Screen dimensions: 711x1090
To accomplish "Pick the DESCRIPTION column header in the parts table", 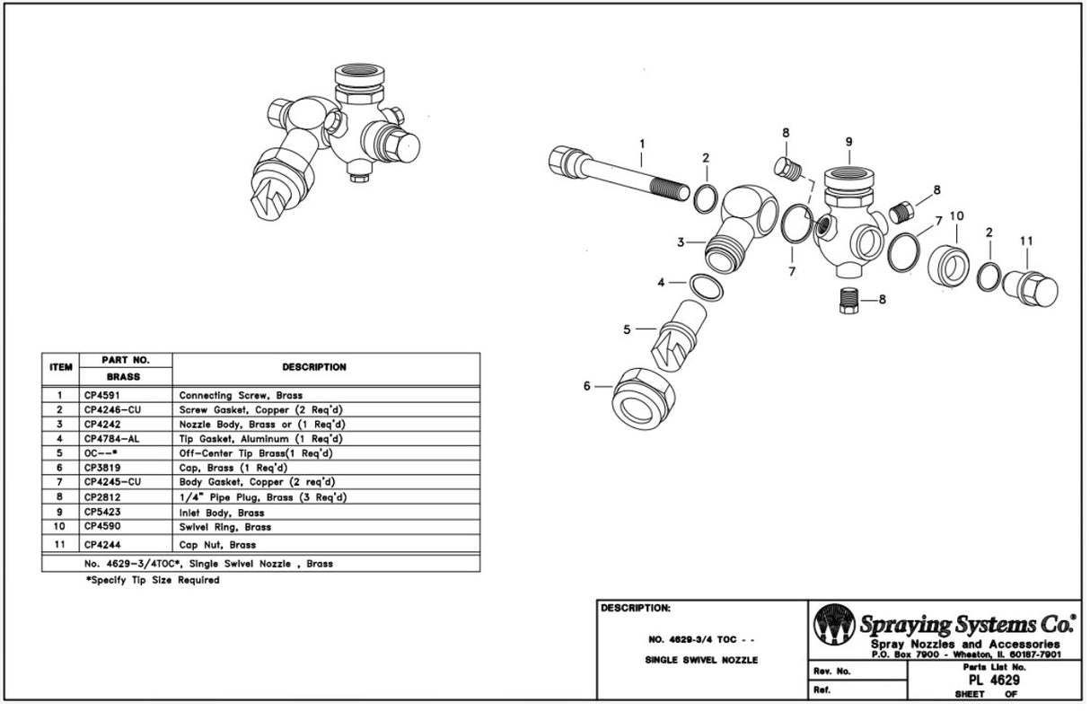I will [x=313, y=367].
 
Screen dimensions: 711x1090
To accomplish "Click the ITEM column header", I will [x=60, y=367].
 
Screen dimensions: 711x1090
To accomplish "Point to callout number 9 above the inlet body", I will [x=848, y=142].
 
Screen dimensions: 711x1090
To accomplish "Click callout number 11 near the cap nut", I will [x=1026, y=241].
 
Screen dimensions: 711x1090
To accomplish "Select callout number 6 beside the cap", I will [x=587, y=386].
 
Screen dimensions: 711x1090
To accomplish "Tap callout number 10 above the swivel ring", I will [x=955, y=216].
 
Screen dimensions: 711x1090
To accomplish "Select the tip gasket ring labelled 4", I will [x=705, y=287].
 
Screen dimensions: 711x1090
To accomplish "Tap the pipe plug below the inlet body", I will [x=848, y=300].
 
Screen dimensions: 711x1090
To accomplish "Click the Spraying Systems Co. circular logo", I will [x=834, y=625].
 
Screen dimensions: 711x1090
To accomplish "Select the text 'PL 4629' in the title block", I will [x=987, y=680].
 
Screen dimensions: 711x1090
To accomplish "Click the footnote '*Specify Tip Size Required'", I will [x=153, y=580].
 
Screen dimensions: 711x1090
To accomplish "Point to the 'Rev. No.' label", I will [x=831, y=671].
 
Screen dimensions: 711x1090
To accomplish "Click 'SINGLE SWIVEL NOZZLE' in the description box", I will [x=701, y=660].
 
